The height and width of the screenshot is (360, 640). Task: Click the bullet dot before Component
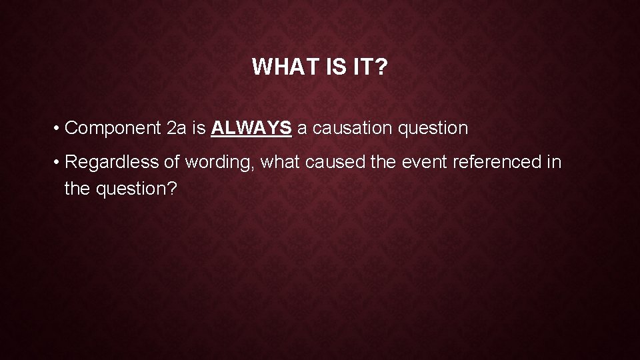coord(59,128)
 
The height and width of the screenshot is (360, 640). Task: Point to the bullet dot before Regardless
coord(59,162)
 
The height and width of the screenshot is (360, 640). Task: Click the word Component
coord(113,128)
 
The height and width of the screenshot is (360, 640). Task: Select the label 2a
coord(177,128)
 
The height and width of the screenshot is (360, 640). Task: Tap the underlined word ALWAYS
coord(251,128)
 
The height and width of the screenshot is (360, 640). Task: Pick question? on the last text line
coord(137,189)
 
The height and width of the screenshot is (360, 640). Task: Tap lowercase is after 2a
coord(199,128)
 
